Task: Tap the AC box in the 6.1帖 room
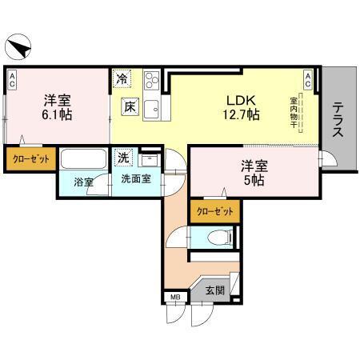13,78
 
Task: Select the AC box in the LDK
308,78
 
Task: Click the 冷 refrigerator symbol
122,78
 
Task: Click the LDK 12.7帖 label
241,107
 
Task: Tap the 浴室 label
84,182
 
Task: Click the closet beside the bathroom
30,158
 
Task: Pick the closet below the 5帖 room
215,211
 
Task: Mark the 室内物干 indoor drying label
294,110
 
